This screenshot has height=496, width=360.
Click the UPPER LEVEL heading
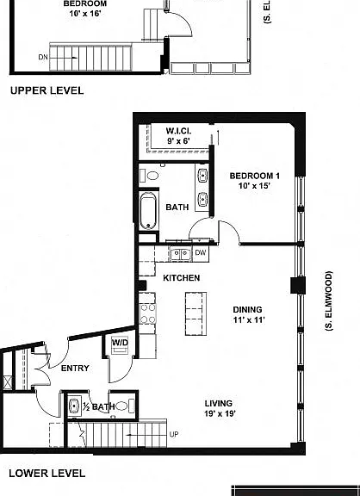click(x=47, y=90)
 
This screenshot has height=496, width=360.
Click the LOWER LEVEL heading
click(x=47, y=474)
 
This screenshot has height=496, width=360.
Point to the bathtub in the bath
click(x=148, y=211)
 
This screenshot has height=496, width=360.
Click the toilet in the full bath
click(x=150, y=176)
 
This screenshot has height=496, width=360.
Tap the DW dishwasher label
click(x=201, y=253)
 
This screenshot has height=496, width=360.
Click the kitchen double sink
click(x=180, y=254)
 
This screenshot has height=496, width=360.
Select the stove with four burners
click(x=148, y=313)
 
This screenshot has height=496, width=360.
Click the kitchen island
click(x=196, y=313)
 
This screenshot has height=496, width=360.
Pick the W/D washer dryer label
click(x=120, y=342)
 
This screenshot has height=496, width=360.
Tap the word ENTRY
click(x=75, y=369)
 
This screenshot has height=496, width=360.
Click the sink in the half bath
click(x=74, y=406)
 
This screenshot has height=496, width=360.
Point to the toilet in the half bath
click(x=125, y=406)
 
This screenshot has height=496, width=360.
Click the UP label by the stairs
click(x=174, y=435)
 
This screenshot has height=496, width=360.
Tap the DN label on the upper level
click(x=43, y=57)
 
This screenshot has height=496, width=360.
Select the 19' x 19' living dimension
click(x=220, y=413)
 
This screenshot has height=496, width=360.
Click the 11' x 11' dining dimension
click(x=249, y=319)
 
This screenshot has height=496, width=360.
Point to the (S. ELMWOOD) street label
click(x=329, y=301)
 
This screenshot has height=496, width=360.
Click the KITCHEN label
click(x=181, y=278)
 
